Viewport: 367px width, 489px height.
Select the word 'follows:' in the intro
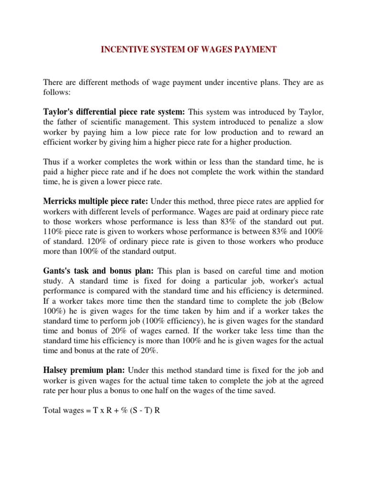coord(57,92)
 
